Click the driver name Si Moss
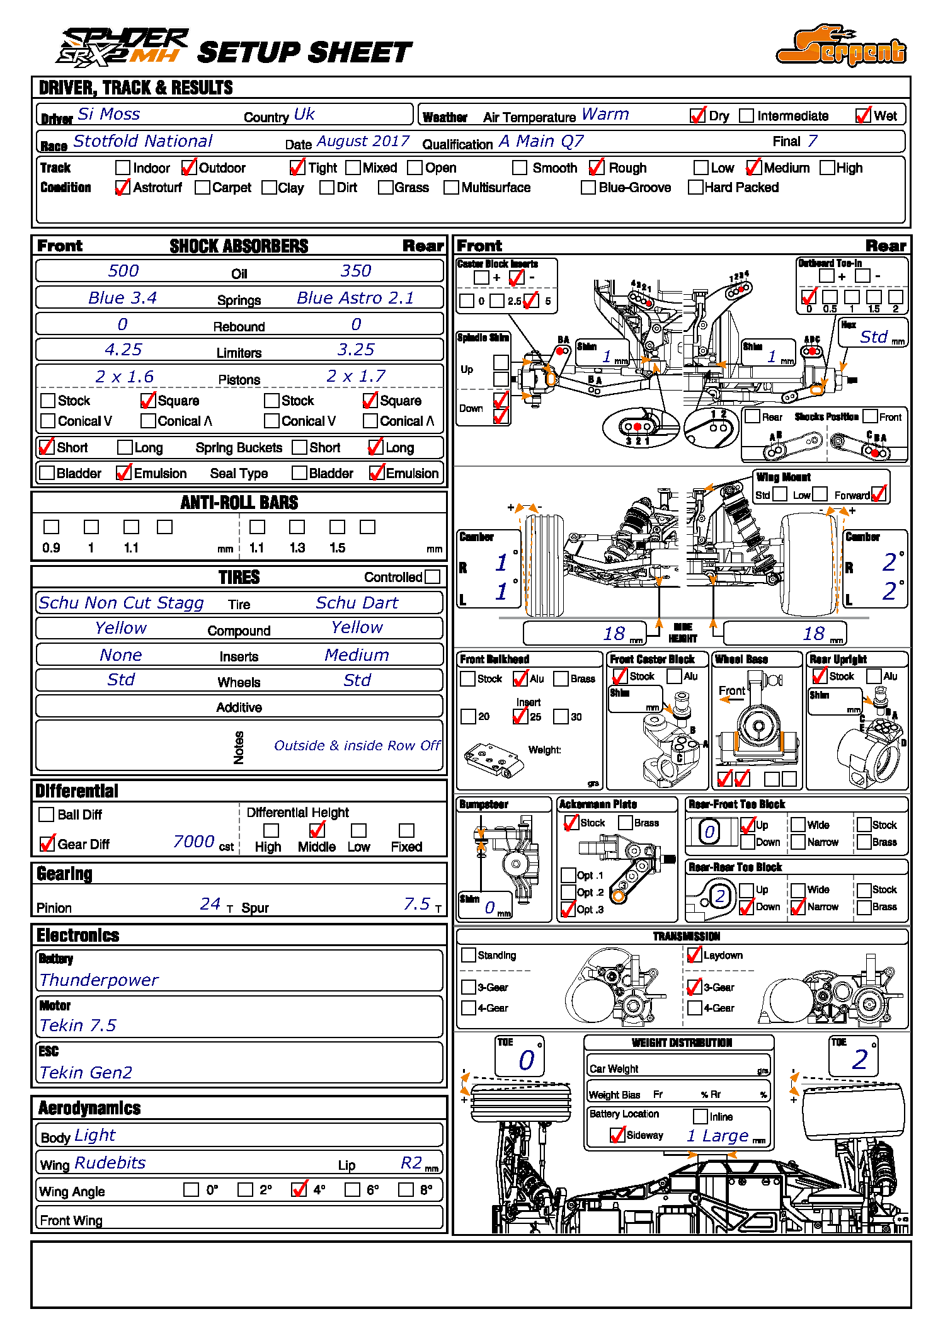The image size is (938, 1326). point(108,114)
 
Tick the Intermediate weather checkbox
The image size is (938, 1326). point(746,116)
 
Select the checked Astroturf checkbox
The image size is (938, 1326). point(123,187)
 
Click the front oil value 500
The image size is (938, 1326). point(123,271)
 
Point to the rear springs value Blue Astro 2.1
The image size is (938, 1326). point(355,297)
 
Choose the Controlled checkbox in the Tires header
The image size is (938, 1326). point(432,576)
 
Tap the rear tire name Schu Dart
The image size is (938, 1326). point(357,603)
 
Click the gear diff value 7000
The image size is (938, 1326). point(193,842)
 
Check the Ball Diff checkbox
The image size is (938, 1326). point(46,814)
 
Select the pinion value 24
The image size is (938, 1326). point(210,904)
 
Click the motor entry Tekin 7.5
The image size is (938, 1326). point(77,1026)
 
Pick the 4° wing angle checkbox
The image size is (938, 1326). point(299,1189)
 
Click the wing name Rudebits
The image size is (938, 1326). point(110,1163)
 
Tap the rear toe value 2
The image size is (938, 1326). point(859,1060)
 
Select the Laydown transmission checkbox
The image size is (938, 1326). point(694,955)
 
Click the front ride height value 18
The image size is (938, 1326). point(614,634)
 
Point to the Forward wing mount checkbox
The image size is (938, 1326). point(879,494)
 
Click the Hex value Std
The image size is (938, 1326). point(874,337)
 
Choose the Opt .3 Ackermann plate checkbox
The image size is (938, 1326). point(568,909)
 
